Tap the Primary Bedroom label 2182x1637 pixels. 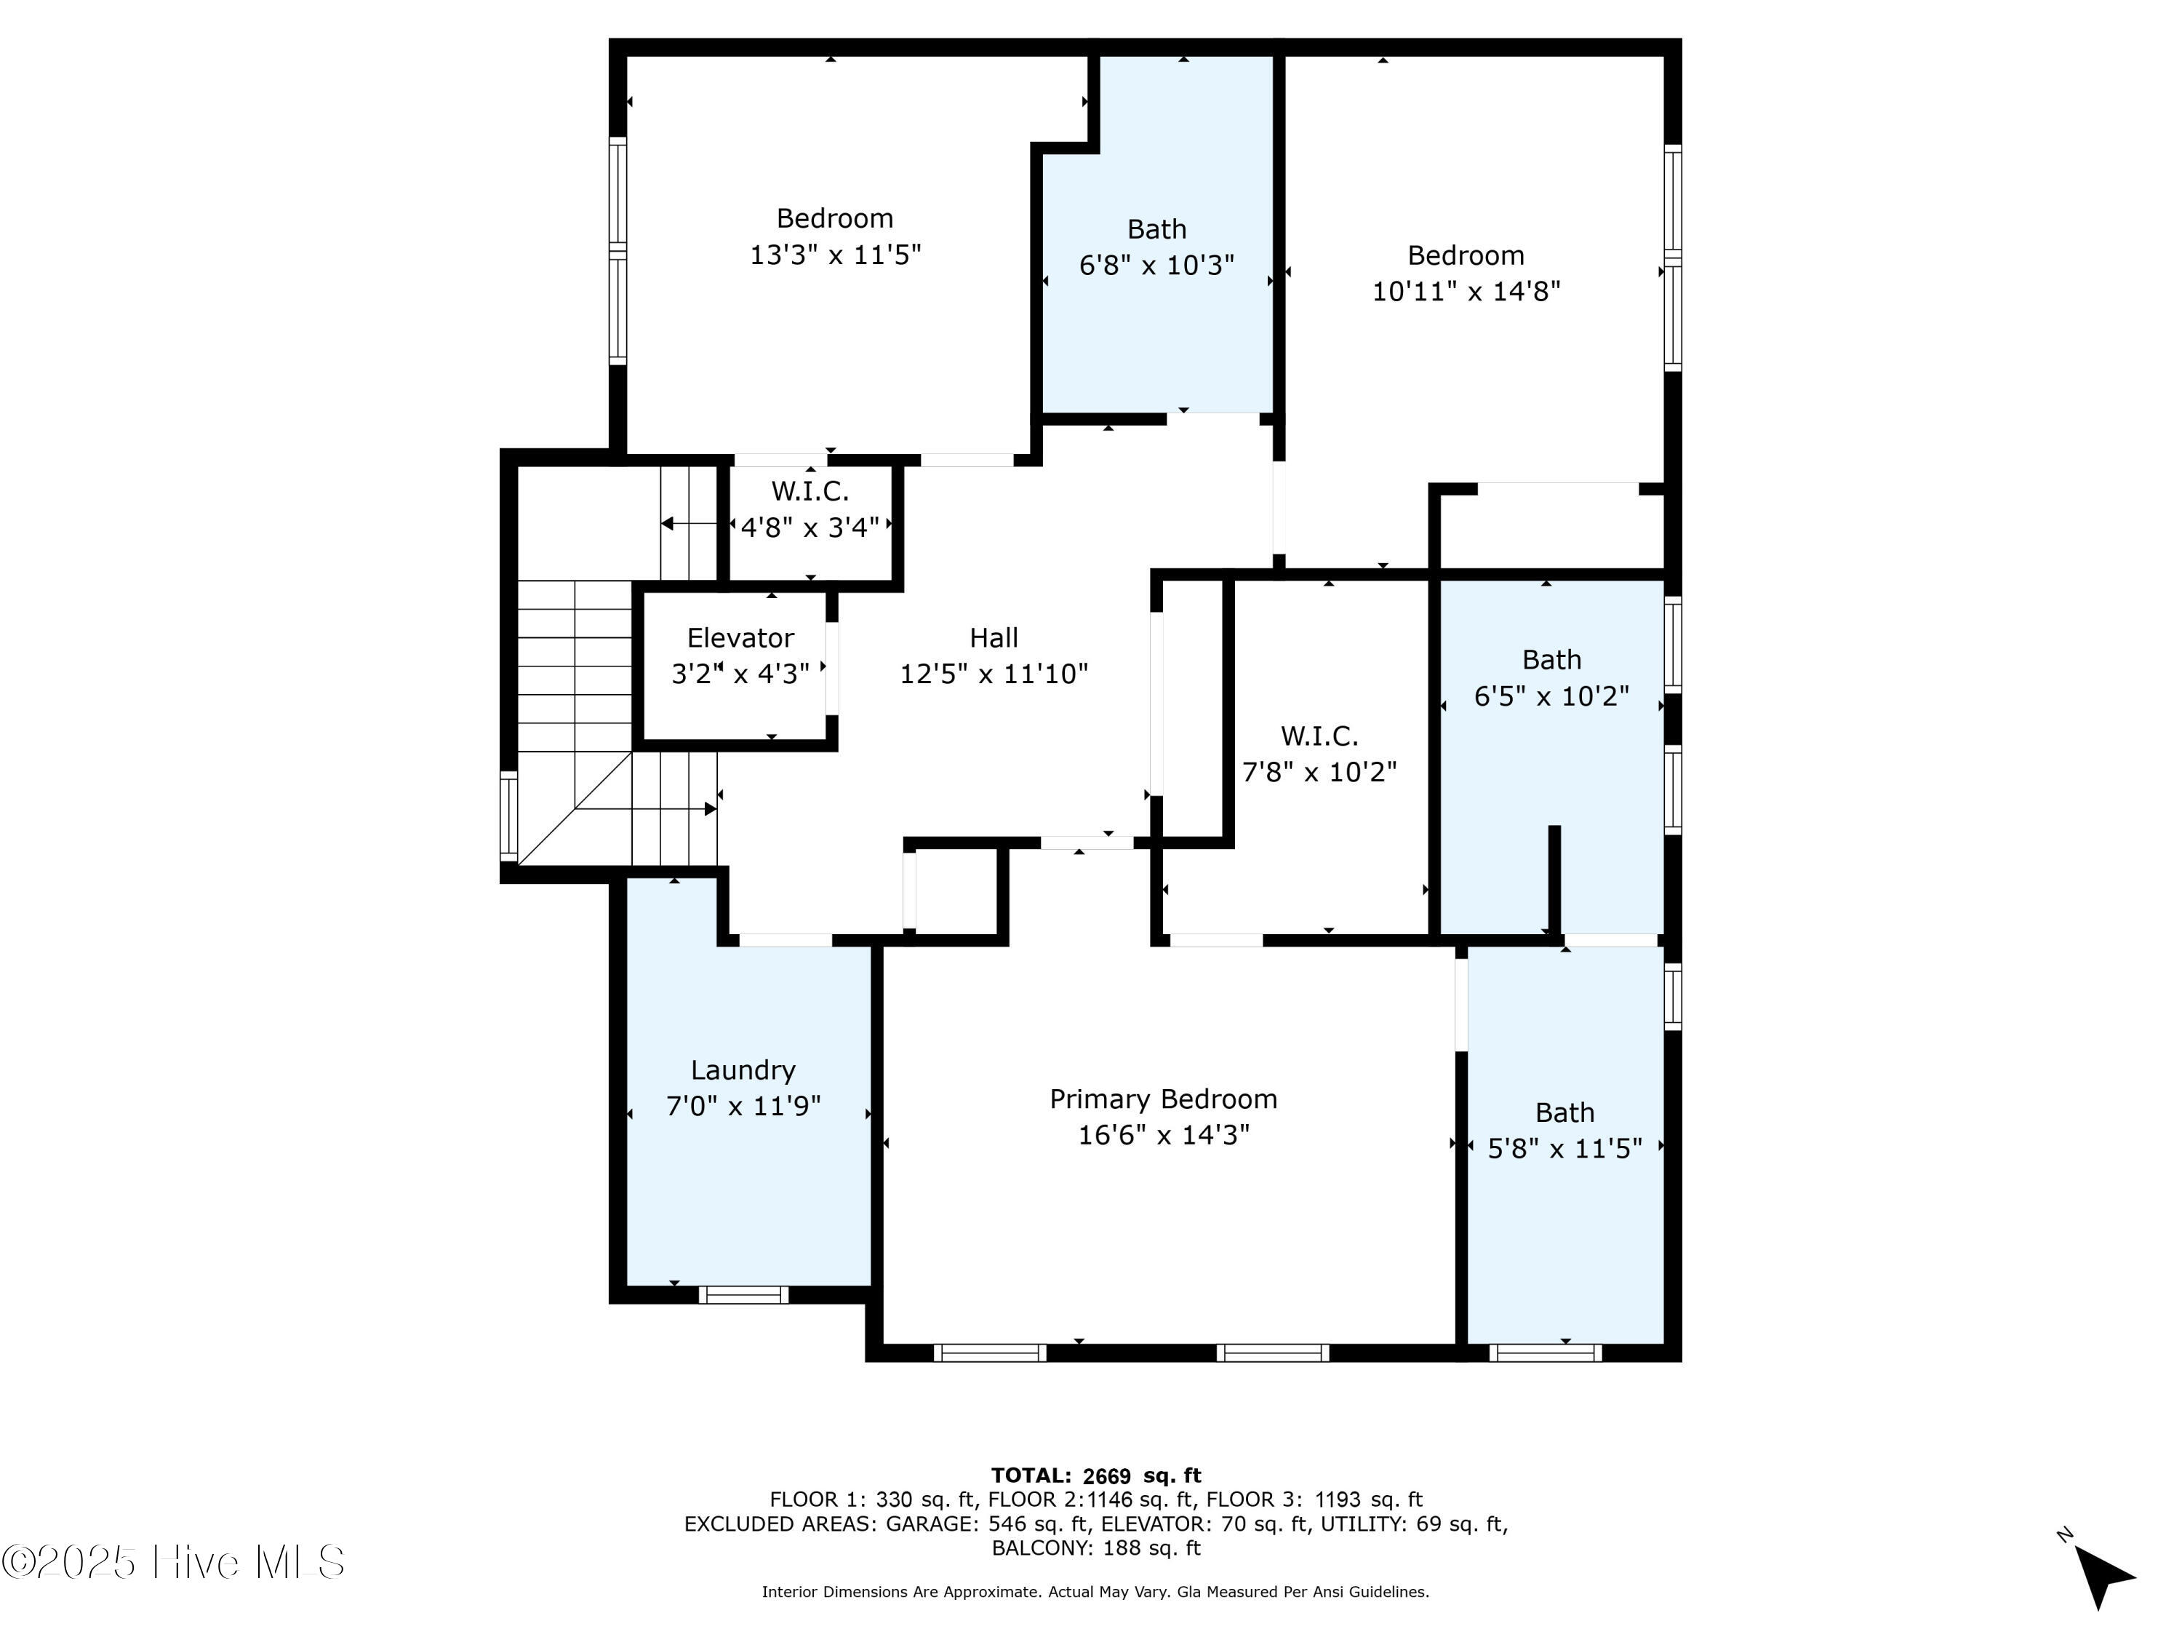[1163, 1099]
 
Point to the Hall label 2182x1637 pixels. [994, 637]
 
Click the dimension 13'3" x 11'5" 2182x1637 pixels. [836, 255]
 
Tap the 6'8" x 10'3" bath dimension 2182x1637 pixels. [1156, 264]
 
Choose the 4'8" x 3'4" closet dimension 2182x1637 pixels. [810, 528]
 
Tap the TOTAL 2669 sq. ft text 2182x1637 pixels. [1096, 1475]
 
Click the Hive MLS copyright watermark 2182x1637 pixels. [174, 1562]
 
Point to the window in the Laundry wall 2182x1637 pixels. [744, 1294]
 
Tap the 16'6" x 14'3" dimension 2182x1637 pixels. [1163, 1135]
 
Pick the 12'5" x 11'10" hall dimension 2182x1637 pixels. [994, 674]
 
